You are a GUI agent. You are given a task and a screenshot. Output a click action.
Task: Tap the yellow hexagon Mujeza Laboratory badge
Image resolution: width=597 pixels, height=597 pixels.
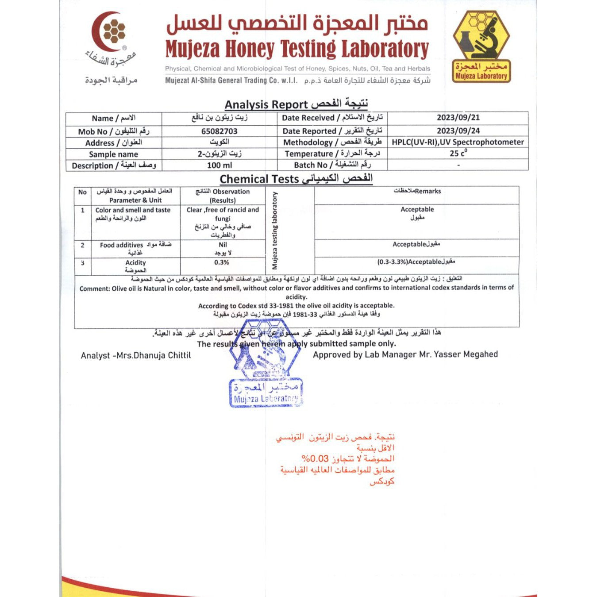(481, 46)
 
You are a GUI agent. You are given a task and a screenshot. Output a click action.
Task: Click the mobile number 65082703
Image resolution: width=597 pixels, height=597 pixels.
(219, 131)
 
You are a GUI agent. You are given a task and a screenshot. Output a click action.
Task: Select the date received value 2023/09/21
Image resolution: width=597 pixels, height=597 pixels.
(458, 118)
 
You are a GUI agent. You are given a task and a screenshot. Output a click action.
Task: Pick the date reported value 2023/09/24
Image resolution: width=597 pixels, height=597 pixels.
(458, 131)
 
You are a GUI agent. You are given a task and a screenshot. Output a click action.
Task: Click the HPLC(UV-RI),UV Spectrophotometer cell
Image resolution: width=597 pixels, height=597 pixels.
(458, 142)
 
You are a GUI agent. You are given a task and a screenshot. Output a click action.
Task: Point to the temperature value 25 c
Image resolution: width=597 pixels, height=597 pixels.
(458, 153)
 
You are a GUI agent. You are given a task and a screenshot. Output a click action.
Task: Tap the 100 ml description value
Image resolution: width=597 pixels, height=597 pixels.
(219, 165)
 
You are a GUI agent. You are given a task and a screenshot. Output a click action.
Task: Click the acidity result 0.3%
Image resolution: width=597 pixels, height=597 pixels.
(222, 262)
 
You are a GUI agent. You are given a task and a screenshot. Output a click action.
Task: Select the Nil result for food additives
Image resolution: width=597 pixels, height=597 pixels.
(223, 245)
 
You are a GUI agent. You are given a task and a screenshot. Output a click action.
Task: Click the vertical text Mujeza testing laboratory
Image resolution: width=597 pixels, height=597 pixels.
(275, 231)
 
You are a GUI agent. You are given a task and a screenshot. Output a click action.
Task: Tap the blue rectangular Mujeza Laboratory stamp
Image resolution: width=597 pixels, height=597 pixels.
(266, 393)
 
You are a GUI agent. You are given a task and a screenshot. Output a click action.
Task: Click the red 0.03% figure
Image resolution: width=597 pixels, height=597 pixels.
(315, 458)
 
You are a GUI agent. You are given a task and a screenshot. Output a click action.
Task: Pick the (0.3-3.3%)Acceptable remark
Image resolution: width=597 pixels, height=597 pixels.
(416, 262)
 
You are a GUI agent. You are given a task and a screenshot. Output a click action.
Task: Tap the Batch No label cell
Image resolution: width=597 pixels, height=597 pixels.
(332, 165)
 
